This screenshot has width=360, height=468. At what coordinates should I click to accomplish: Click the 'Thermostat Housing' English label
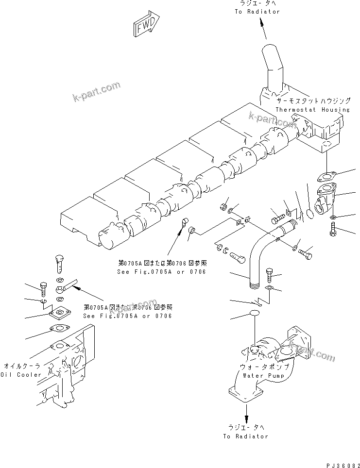(312, 110)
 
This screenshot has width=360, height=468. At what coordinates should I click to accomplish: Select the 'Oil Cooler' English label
(19, 375)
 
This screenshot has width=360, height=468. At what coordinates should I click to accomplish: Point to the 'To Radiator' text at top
(258, 12)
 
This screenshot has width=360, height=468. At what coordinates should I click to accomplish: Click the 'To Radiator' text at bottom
(246, 436)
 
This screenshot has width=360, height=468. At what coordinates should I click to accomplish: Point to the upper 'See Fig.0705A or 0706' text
(161, 271)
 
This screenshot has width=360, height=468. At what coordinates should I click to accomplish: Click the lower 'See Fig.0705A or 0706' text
(127, 316)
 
